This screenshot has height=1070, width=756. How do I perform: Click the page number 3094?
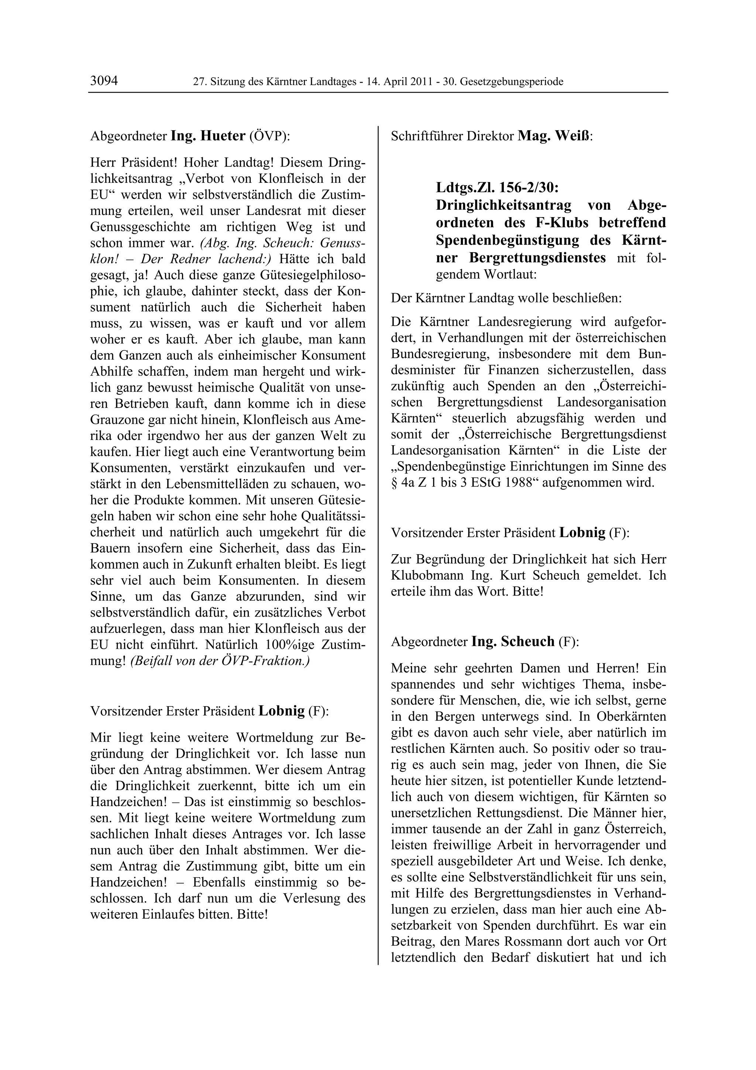pos(104,81)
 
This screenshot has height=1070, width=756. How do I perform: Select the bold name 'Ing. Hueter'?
pos(208,136)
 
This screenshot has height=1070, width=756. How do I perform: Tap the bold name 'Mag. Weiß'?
pos(554,136)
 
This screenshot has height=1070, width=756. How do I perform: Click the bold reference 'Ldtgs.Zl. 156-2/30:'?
pos(497,188)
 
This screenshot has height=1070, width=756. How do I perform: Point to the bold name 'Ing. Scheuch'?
pos(513,642)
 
